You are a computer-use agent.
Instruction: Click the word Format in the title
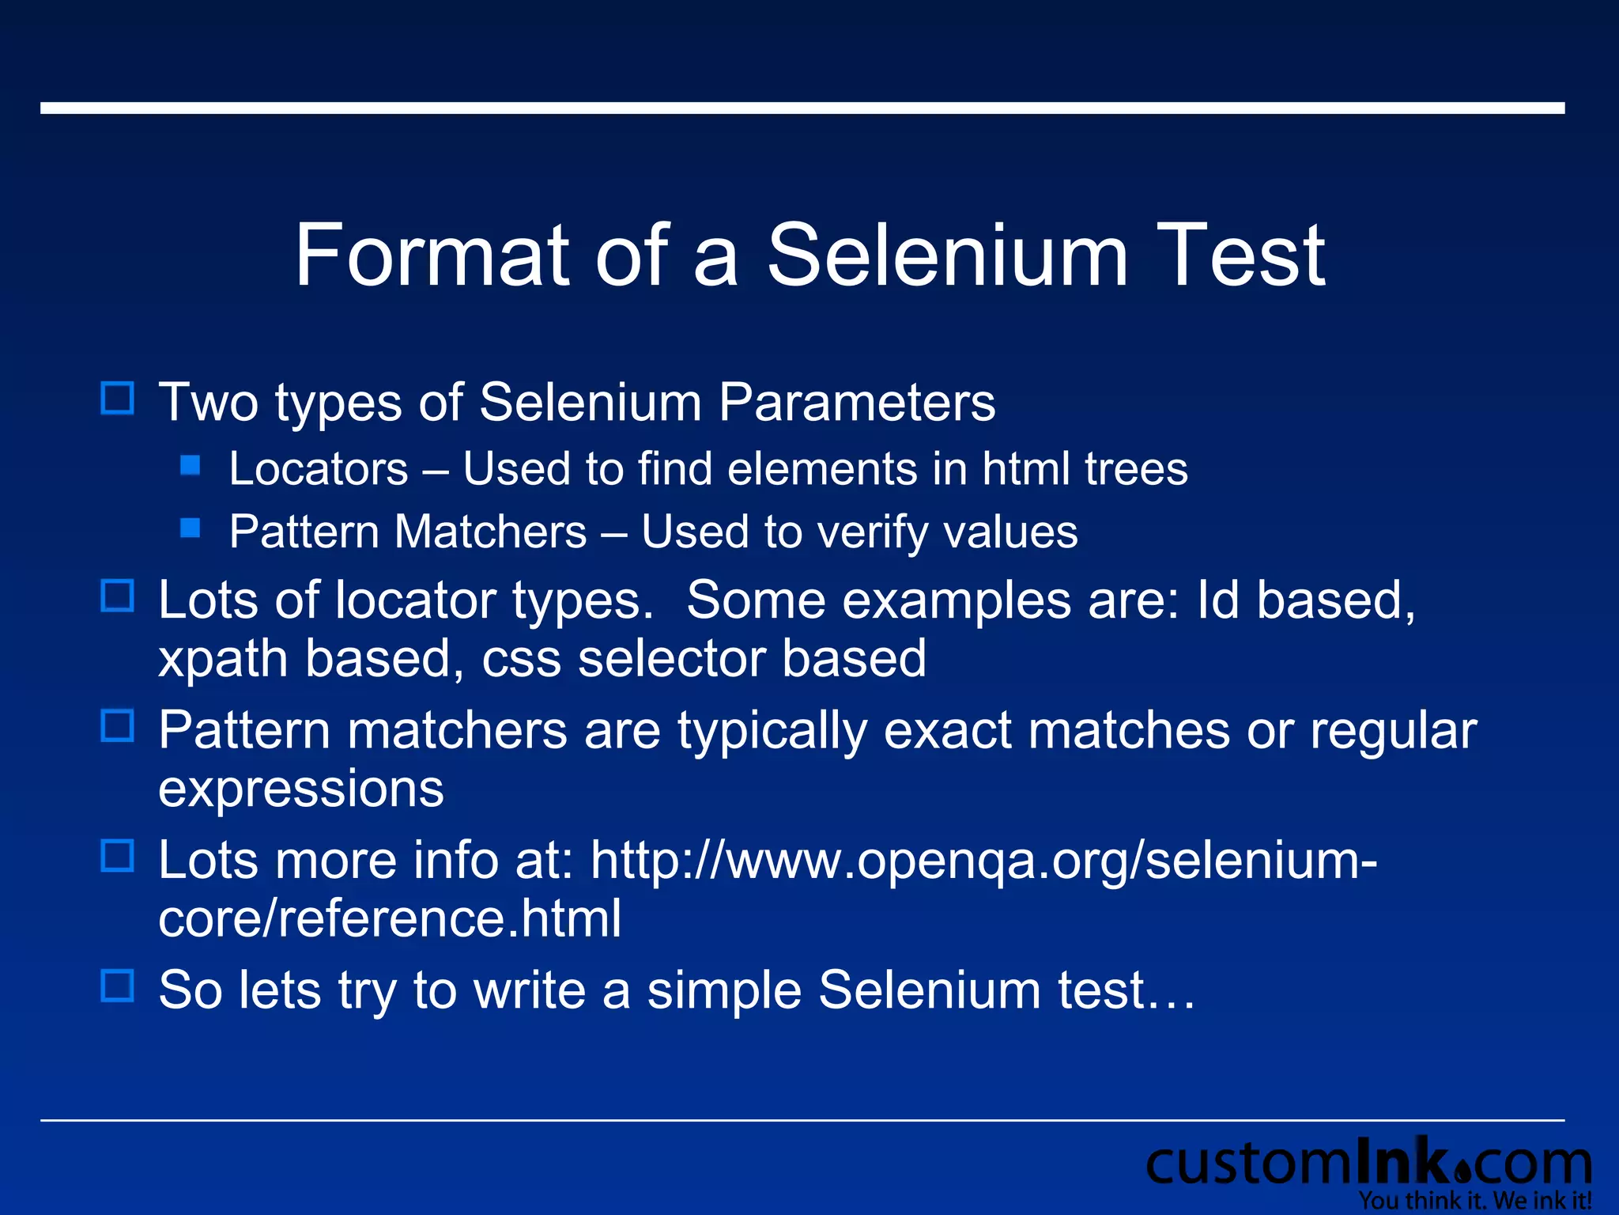[x=432, y=255]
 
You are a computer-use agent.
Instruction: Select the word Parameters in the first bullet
[x=857, y=403]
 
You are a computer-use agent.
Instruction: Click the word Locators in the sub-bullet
[x=319, y=468]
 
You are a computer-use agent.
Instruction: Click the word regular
[x=1394, y=730]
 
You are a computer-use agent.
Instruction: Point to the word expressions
[x=301, y=789]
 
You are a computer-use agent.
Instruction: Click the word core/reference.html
[x=390, y=918]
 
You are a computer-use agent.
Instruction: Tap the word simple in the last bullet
[x=724, y=990]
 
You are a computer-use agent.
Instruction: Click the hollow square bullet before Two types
[x=118, y=399]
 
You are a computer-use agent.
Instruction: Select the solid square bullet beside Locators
[x=191, y=464]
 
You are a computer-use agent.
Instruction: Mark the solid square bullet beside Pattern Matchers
[x=191, y=528]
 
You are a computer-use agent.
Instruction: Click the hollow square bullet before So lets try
[x=118, y=986]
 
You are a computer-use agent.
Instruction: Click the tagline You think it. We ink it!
[x=1475, y=1201]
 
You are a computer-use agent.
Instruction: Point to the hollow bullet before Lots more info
[x=118, y=856]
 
